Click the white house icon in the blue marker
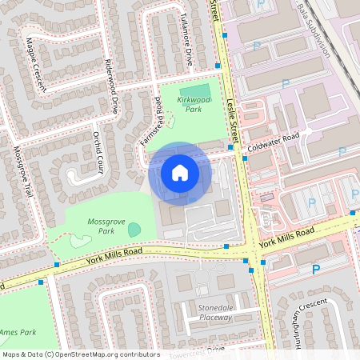pos(179,172)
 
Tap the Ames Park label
pos(18,331)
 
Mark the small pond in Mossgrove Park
pos(134,230)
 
